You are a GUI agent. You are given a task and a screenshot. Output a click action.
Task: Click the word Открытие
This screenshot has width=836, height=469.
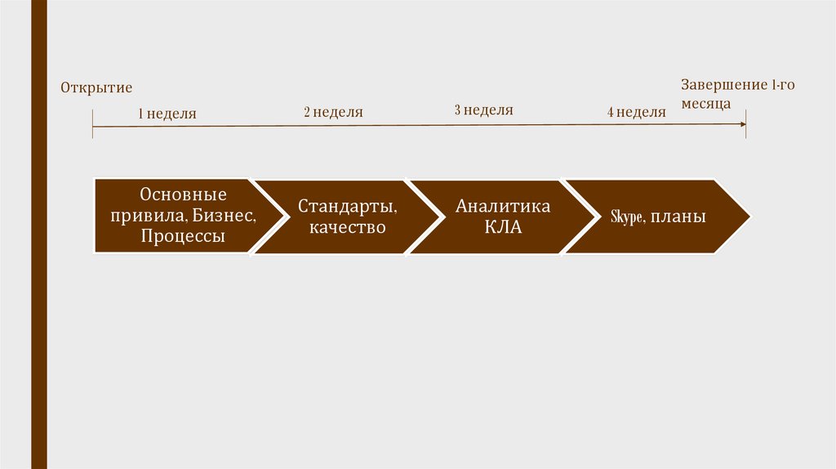click(96, 87)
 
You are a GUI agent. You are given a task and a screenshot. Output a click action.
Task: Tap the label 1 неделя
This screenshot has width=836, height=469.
click(167, 114)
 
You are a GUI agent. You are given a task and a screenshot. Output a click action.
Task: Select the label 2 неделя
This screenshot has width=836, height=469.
click(333, 112)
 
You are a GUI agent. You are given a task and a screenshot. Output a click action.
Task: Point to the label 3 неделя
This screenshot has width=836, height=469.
click(483, 110)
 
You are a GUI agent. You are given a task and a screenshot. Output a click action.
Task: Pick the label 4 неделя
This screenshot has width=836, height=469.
click(636, 112)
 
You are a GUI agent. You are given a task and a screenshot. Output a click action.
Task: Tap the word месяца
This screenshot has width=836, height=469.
click(706, 105)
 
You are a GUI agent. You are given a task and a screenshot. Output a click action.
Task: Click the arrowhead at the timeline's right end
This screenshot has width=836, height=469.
click(742, 124)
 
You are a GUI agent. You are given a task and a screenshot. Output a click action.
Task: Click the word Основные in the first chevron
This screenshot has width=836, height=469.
click(183, 195)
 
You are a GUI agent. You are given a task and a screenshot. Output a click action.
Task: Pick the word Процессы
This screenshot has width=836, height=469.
click(183, 237)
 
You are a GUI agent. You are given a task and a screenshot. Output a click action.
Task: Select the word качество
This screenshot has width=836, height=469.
click(348, 227)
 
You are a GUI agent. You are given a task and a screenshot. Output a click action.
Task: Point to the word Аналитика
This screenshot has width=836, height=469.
click(503, 207)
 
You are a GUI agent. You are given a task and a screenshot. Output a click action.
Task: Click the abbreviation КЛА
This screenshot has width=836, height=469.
click(503, 228)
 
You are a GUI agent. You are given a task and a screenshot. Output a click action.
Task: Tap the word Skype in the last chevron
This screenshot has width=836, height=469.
click(628, 218)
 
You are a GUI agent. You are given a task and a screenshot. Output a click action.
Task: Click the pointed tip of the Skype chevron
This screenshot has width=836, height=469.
click(749, 217)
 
